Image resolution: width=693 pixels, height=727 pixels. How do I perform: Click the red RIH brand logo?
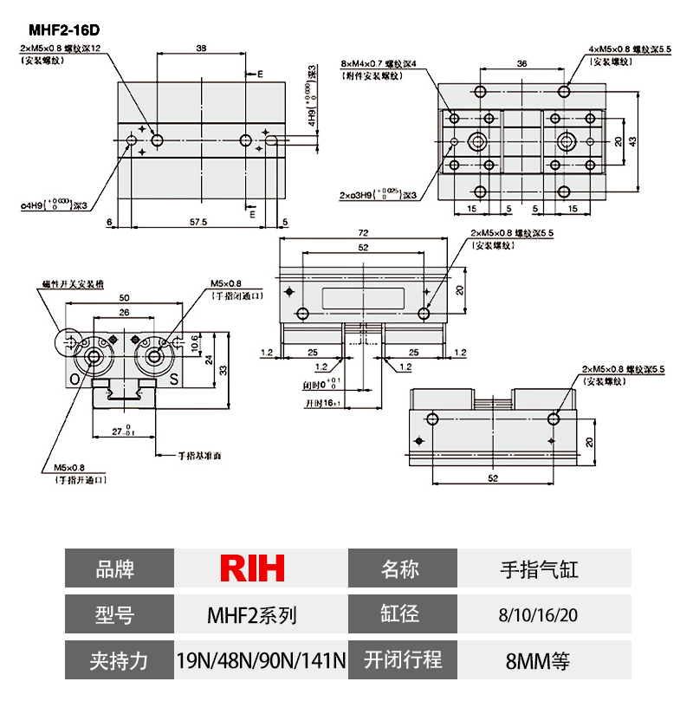click(252, 568)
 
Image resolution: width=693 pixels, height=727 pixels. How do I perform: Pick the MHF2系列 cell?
click(252, 615)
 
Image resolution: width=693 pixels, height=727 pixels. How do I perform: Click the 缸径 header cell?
click(400, 614)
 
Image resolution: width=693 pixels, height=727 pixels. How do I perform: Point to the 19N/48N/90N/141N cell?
click(261, 661)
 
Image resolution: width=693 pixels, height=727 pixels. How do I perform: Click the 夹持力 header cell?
click(119, 661)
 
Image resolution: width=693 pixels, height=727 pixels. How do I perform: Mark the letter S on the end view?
click(173, 380)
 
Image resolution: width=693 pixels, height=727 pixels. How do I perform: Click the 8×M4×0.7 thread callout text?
click(379, 64)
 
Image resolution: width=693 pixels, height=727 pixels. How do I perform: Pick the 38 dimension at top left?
click(201, 49)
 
